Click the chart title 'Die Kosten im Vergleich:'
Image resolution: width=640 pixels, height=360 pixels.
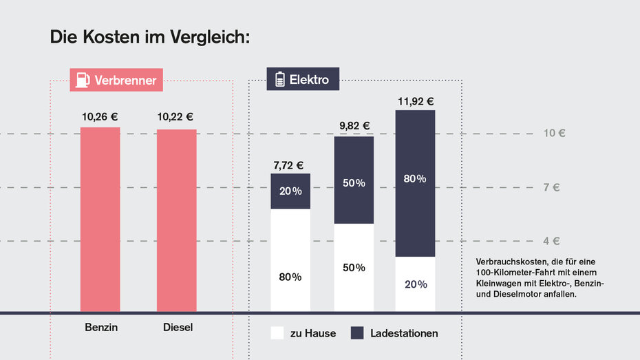coord(149,37)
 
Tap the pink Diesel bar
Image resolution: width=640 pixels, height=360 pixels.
coord(176,220)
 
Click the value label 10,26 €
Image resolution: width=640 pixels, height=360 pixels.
coord(100,116)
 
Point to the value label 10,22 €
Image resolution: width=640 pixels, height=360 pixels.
coord(175,116)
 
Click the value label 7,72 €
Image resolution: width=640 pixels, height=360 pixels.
coord(288,165)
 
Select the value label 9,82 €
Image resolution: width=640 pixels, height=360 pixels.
coord(354,126)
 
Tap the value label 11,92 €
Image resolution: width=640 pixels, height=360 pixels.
coord(416,101)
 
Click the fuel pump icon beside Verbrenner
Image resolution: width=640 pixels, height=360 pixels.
coord(82,80)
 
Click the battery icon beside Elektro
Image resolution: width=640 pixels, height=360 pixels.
coord(279,80)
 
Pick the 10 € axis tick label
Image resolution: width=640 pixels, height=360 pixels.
coord(554,133)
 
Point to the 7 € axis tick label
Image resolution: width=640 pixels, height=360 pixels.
coord(551,187)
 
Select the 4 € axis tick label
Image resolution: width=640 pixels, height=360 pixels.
coord(551,241)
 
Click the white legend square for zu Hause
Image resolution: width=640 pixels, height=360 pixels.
coord(277,333)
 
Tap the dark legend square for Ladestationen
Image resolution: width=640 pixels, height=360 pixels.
coord(357,333)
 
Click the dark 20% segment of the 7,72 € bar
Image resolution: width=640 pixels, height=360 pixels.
coord(290,191)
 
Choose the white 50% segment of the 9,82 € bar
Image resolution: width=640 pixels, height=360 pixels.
coord(354,267)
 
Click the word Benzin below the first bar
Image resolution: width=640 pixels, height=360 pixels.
coord(101,327)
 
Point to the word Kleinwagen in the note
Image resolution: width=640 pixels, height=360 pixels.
coord(498,284)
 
